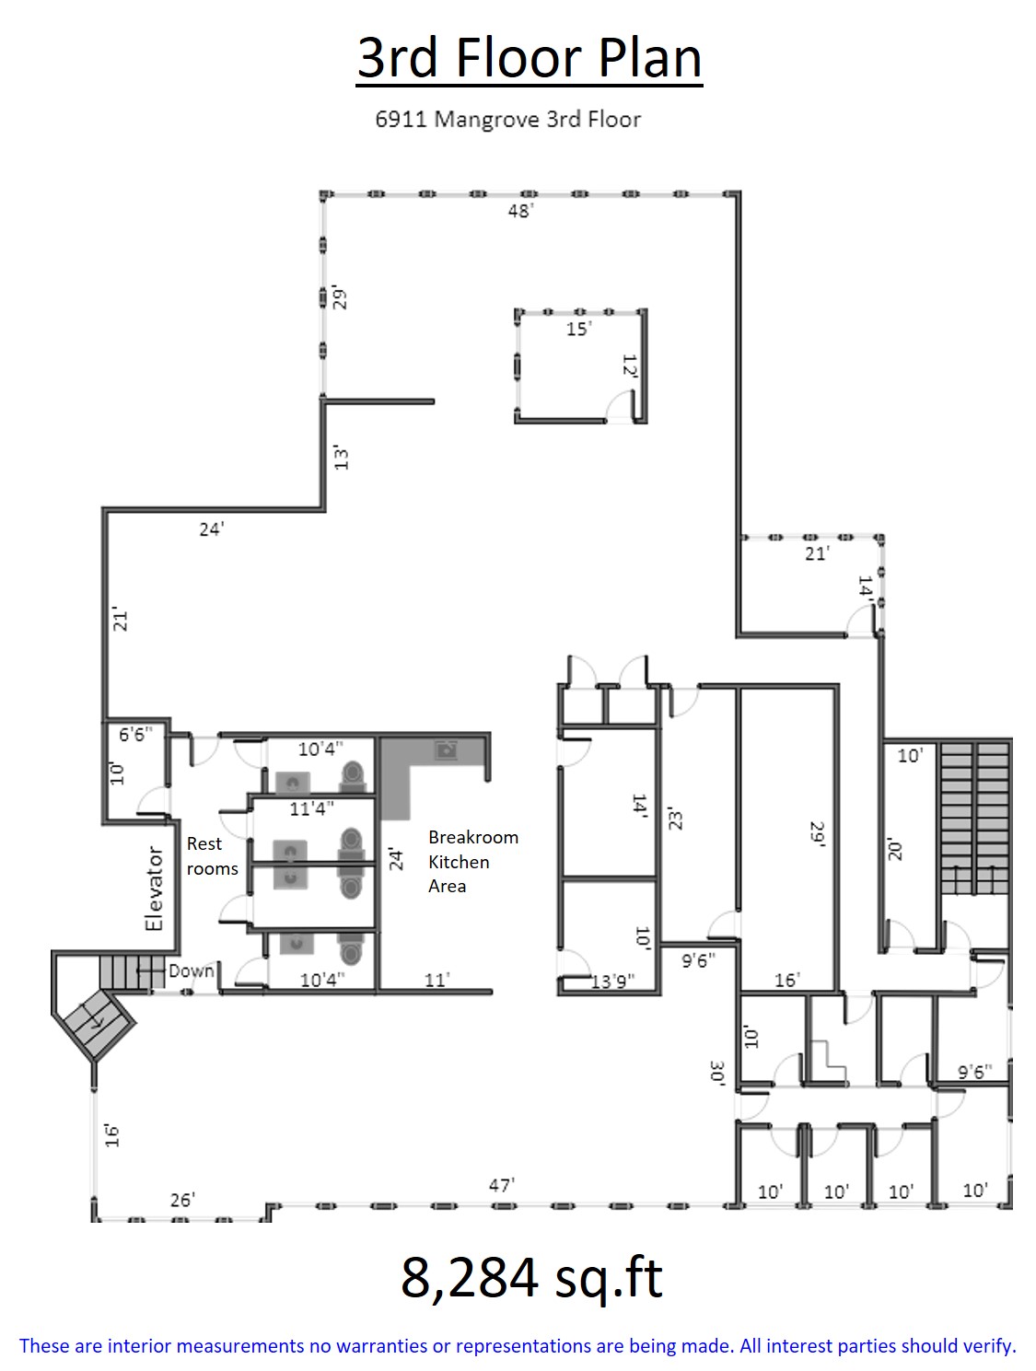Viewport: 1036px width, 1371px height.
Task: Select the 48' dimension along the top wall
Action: tap(521, 211)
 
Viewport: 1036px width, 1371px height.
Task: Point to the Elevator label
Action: tap(154, 889)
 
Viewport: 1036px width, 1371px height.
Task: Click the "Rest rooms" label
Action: tap(213, 855)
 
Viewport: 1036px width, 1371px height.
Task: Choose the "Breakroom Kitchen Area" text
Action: tap(473, 861)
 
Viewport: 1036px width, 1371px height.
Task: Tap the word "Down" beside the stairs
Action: tap(192, 970)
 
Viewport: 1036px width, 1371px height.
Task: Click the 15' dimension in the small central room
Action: tap(579, 329)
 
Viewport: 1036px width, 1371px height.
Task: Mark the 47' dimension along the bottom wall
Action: tap(502, 1185)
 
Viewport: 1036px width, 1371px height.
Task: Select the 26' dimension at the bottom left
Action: tap(183, 1200)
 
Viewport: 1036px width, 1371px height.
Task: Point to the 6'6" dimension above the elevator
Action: tap(135, 734)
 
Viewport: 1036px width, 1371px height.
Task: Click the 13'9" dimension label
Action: tap(612, 982)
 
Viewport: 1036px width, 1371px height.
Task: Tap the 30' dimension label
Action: tap(717, 1073)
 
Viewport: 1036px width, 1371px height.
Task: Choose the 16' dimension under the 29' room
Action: tap(787, 980)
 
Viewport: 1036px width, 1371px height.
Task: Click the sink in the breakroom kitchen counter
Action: tap(447, 749)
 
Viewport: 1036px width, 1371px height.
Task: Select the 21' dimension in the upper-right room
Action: tap(817, 553)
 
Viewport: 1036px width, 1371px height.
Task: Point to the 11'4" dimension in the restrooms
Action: tap(311, 808)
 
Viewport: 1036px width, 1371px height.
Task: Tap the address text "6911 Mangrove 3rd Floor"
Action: tap(507, 120)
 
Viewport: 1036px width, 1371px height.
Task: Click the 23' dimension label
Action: tap(675, 820)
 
